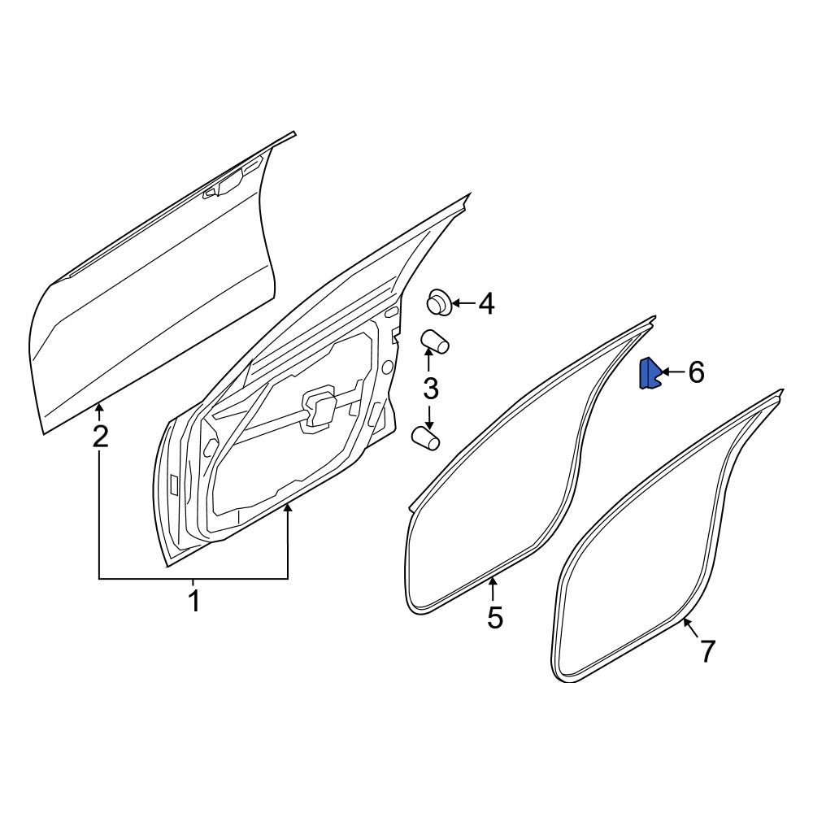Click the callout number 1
coord(193,603)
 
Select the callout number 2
coord(99,437)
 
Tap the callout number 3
coord(430,389)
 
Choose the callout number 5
coord(494,618)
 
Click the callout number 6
coord(696,373)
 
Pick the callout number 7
coord(706,651)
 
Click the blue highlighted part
coord(650,375)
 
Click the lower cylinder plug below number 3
coord(425,439)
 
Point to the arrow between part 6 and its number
coord(672,373)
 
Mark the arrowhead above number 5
coord(493,580)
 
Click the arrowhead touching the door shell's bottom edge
coord(288,509)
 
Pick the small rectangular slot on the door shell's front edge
coord(174,485)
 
